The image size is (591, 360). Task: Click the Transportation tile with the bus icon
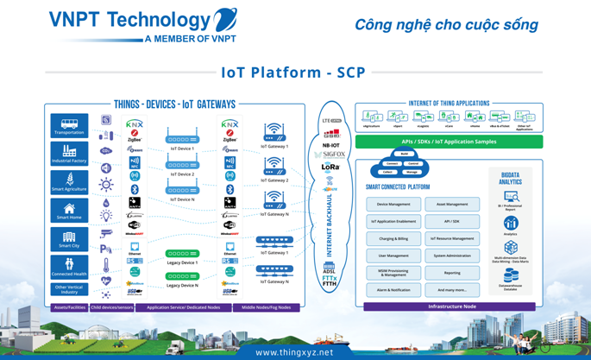pos(69,126)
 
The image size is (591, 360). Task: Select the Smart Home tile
pos(69,211)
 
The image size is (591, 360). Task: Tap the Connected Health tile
pos(69,267)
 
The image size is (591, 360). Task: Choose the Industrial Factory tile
pos(69,155)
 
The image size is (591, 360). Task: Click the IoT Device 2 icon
pos(182,164)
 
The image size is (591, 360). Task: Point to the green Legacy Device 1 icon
pos(182,254)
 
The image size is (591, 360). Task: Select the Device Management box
pos(393,205)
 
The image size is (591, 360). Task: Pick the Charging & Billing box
pos(393,238)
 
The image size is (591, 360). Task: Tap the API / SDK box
pos(452,222)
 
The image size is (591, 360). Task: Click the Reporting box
pos(452,273)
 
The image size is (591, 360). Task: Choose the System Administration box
pos(452,256)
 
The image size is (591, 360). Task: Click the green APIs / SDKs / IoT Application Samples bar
pos(449,142)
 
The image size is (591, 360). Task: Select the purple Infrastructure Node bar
pos(452,306)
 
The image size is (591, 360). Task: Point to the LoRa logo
pos(330,167)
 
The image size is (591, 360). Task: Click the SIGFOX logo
pos(330,155)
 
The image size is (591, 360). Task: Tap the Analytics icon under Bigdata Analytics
pos(511,224)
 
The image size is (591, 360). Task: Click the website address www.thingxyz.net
pos(294,352)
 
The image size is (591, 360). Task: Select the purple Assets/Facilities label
pos(70,307)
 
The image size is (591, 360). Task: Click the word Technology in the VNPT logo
pos(162,20)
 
